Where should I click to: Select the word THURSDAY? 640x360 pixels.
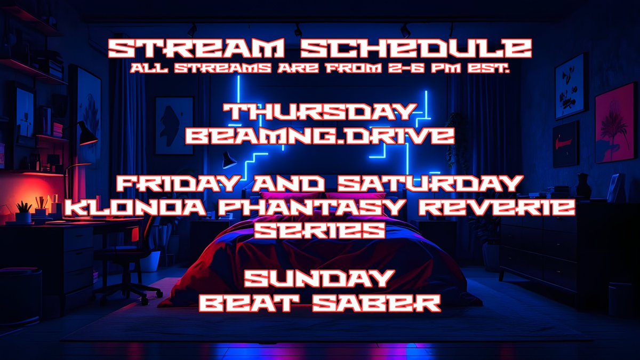[320, 113]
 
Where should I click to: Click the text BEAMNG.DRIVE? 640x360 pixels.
[320, 135]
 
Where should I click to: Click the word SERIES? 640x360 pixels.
[320, 230]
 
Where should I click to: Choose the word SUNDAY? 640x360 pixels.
[320, 279]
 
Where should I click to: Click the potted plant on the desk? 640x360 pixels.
[23, 212]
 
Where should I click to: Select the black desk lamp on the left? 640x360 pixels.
[85, 133]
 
